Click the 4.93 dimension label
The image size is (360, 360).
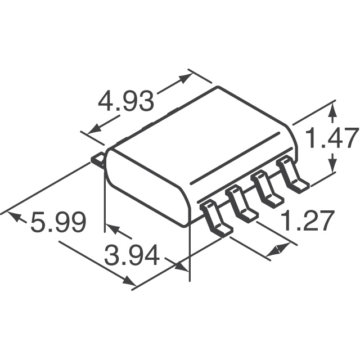pyautogui.click(x=125, y=102)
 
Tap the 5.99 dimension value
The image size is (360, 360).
pyautogui.click(x=58, y=223)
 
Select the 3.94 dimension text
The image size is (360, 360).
pyautogui.click(x=133, y=258)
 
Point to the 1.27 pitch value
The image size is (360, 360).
pyautogui.click(x=308, y=221)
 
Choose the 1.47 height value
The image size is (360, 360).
pyautogui.click(x=331, y=138)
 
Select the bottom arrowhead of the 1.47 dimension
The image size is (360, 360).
pyautogui.click(x=333, y=165)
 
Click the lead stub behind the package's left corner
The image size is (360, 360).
pyautogui.click(x=97, y=160)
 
